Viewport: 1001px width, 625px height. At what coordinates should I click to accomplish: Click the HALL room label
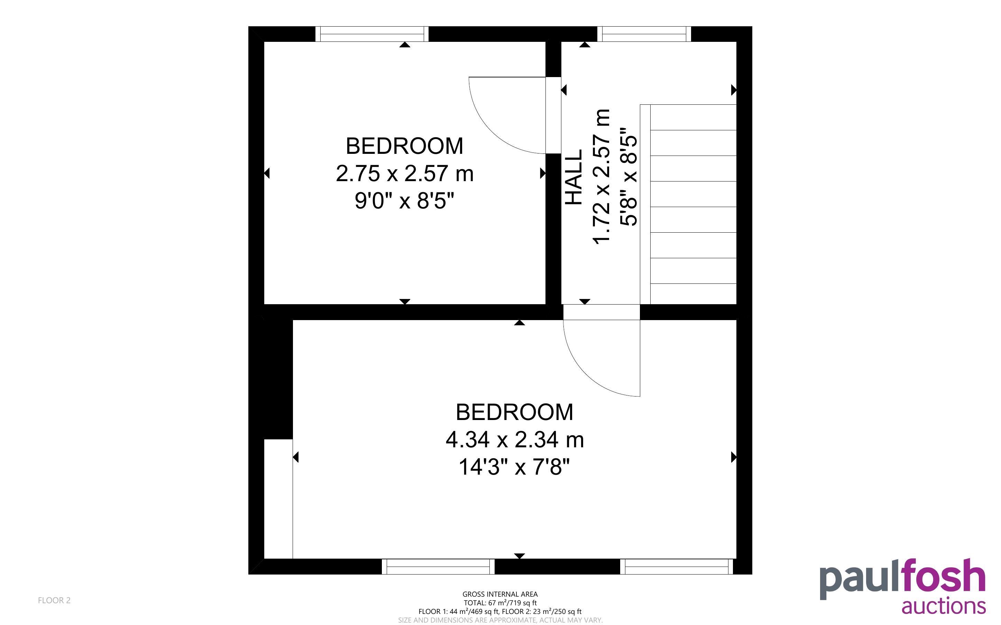574,177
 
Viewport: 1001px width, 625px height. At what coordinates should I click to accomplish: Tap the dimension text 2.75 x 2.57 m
405,174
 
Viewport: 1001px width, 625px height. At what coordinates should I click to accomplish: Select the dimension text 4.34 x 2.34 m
515,439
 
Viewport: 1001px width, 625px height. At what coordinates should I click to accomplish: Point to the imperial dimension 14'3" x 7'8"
515,467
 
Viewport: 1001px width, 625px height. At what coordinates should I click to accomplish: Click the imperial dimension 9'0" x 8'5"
405,201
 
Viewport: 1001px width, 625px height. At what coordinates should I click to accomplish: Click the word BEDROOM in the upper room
405,146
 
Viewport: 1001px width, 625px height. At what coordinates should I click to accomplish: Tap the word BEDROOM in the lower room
515,412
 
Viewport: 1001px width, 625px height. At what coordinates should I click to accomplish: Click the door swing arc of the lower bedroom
586,374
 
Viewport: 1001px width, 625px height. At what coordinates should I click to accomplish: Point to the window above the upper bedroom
372,34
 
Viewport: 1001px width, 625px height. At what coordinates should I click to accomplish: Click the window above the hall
644,34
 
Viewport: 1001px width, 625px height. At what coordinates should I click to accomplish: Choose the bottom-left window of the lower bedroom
438,566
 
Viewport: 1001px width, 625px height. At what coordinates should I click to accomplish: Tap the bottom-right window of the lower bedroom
677,566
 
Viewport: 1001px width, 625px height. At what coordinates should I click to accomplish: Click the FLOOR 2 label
54,600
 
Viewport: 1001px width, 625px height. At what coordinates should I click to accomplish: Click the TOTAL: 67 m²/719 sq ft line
500,603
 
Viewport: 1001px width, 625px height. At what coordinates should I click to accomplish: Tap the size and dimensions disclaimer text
500,620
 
